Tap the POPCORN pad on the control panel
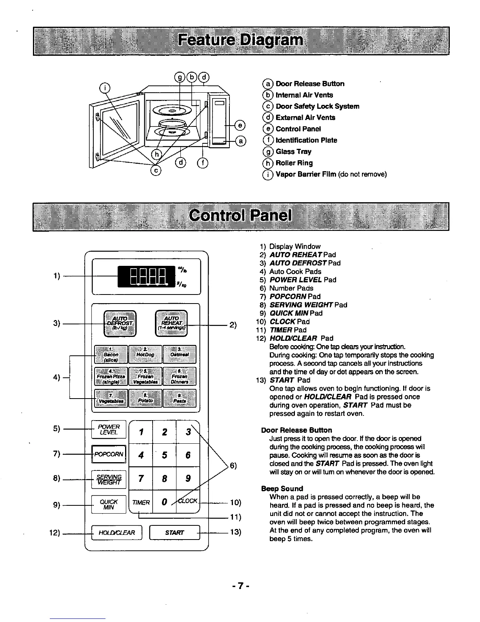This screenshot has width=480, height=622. pos(109,454)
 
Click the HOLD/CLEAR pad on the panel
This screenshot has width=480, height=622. pos(116,532)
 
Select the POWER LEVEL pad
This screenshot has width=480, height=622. pos(109,429)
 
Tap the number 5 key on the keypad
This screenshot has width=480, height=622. pos(165,455)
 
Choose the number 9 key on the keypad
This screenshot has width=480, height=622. pos(188,478)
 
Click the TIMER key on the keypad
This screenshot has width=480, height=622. pos(141,502)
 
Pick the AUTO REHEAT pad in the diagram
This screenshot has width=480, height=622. pos(171,323)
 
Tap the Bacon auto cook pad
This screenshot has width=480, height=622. pos(111,354)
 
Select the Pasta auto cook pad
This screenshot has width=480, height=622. pos(179,398)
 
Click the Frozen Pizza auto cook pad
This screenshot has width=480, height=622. pos(111,376)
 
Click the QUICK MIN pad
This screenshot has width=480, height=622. pos(109,505)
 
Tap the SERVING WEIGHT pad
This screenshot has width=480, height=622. pos(109,479)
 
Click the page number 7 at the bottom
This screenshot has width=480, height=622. pos(240,586)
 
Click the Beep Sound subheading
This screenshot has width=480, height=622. pos(282,488)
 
